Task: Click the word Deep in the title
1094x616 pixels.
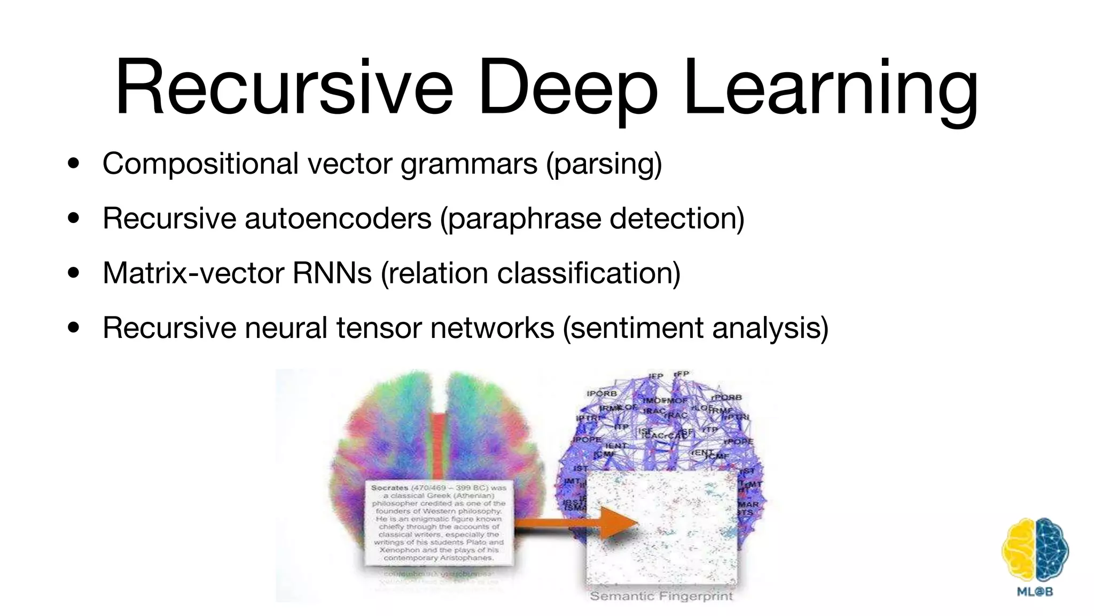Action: [x=568, y=88]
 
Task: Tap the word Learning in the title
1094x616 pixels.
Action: [x=830, y=88]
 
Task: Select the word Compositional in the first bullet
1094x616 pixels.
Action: [x=200, y=163]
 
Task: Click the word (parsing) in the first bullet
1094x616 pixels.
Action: [x=604, y=164]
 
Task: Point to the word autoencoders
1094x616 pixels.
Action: [x=338, y=218]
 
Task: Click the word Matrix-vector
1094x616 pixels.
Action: [x=193, y=273]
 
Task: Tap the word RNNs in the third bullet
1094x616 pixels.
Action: [x=332, y=273]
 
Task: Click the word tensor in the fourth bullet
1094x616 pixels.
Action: [x=379, y=327]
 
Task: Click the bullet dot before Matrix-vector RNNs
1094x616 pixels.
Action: [x=74, y=273]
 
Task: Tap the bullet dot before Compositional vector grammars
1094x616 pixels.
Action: [x=74, y=163]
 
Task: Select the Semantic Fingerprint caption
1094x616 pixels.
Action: [x=661, y=596]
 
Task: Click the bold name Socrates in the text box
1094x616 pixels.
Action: [x=389, y=488]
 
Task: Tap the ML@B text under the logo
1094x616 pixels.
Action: [x=1035, y=592]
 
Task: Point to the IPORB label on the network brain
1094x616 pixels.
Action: [x=601, y=394]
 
